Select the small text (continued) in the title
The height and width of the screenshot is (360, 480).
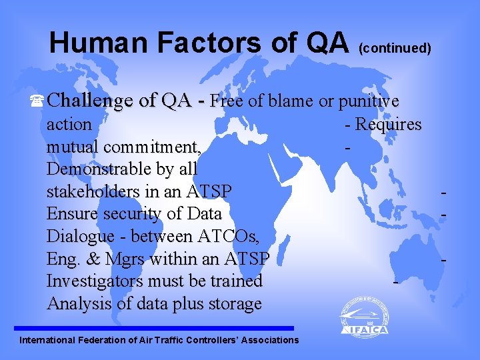point(395,48)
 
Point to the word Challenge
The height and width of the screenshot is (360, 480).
point(93,101)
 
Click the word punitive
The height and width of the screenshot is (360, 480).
point(369,101)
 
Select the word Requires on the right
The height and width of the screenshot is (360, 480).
point(388,125)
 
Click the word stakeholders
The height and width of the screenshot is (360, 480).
point(94,192)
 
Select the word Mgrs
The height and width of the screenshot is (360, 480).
point(148,259)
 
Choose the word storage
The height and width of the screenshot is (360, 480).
point(233,304)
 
